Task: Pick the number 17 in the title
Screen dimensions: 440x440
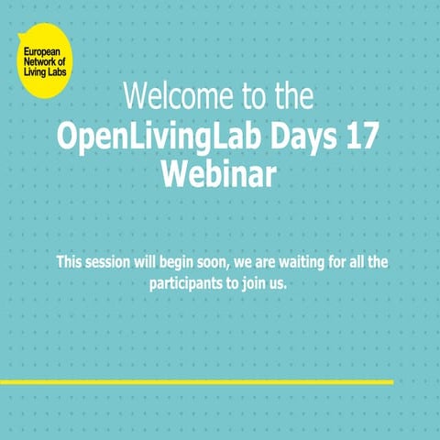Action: (359, 135)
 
